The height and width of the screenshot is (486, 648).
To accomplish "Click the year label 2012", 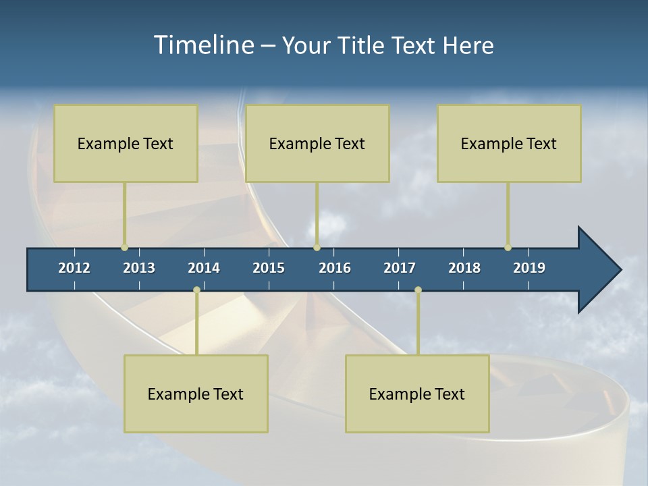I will point(74,268).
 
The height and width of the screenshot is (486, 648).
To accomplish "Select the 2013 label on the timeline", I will point(139,268).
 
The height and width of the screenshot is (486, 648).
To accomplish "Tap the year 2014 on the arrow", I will point(204,268).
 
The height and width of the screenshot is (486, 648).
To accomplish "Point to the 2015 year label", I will point(269,268).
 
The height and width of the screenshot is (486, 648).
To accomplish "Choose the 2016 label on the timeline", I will point(335,268).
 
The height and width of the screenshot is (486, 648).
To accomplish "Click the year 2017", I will point(400,268).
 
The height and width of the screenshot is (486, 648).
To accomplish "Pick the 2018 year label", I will point(464,268).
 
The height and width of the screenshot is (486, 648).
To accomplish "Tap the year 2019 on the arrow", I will point(529,268).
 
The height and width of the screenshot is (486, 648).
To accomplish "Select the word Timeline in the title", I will point(205,45).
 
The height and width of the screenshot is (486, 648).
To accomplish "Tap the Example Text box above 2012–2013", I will point(126,143).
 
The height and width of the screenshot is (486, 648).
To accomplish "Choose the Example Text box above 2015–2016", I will point(317,143).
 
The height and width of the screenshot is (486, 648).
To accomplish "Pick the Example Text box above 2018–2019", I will point(509,143).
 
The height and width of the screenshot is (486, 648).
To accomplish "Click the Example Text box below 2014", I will point(196,394).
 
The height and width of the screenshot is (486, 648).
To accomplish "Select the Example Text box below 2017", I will point(417,394).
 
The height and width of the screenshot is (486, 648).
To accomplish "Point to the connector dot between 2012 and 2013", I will point(124,248).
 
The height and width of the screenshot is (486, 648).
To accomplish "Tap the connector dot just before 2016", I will point(317,248).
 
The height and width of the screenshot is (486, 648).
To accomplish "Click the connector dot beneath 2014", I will point(196,290).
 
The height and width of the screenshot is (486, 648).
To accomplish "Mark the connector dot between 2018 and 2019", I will point(508,248).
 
